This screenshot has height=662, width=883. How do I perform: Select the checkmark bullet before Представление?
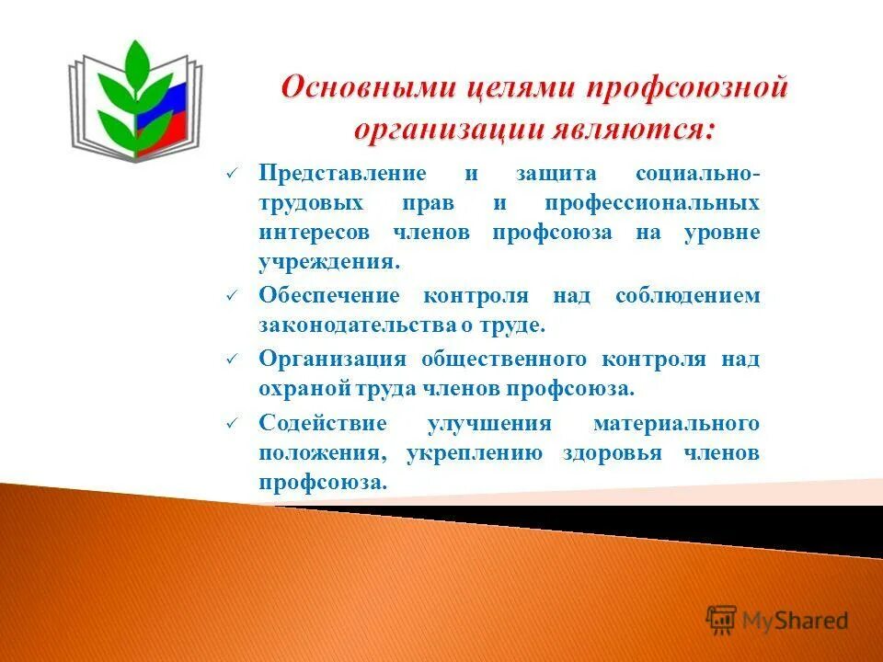232,174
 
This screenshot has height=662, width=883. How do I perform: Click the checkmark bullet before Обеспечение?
232,296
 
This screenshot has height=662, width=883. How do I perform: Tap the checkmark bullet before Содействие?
232,424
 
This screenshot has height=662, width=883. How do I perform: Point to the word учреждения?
327,262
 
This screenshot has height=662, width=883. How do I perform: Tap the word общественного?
504,359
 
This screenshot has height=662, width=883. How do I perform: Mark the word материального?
676,423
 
